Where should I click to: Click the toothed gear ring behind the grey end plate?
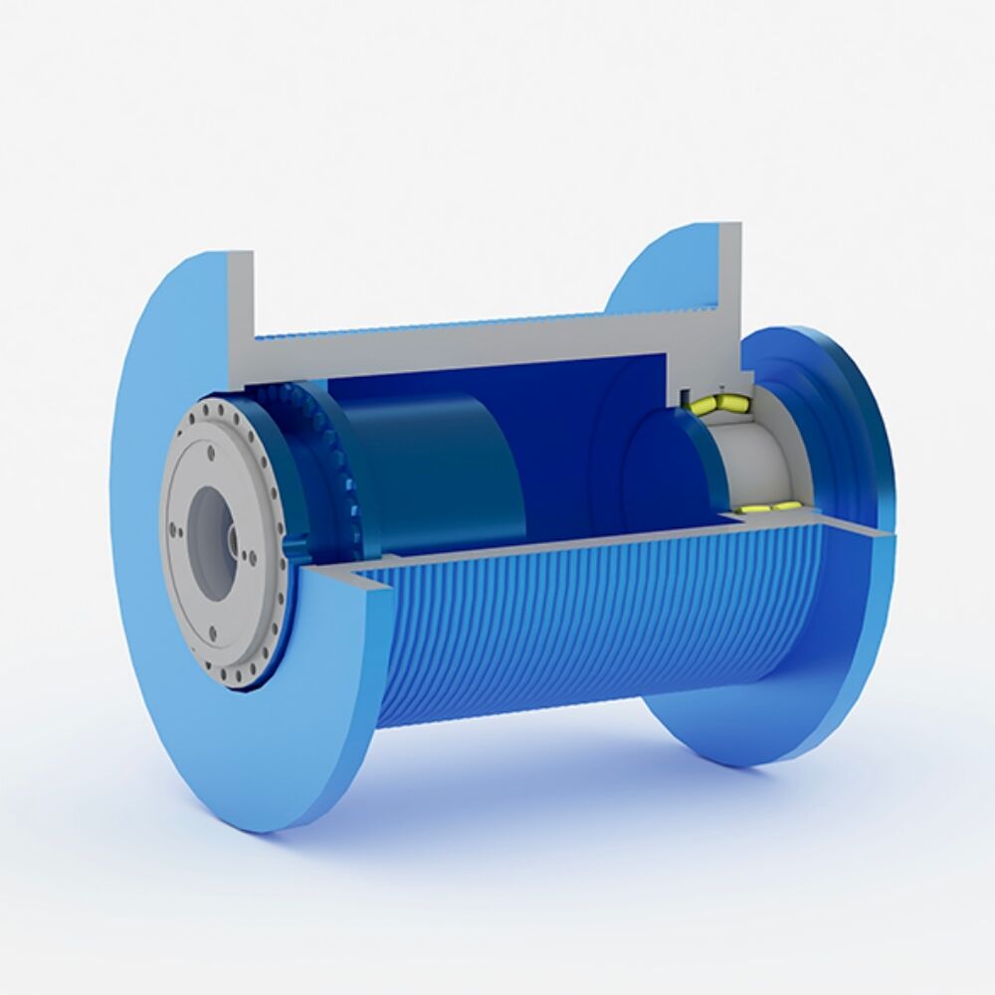[328, 468]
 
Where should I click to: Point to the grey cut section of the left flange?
[240, 308]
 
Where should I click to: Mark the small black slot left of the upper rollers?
[685, 400]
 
